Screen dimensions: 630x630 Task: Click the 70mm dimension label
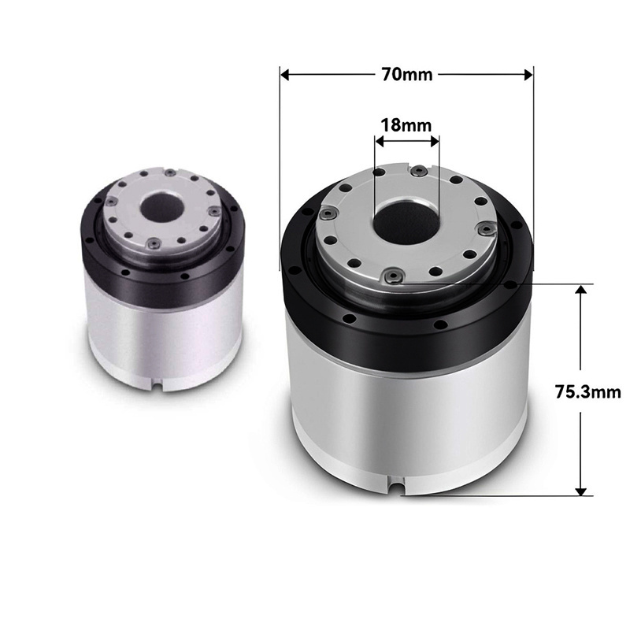(x=406, y=75)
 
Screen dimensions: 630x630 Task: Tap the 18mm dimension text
(x=406, y=125)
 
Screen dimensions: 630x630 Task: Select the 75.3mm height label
(x=587, y=391)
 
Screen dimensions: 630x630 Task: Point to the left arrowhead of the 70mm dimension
(x=285, y=75)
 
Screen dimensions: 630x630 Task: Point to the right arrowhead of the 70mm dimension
(x=528, y=75)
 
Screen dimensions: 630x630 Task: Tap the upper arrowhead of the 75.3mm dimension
(x=580, y=289)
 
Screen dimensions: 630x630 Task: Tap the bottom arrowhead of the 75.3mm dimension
(x=580, y=491)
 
